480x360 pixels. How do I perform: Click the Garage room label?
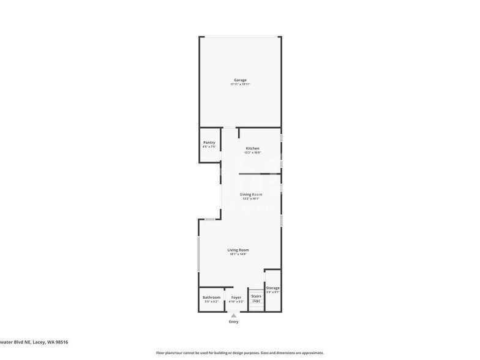tap(240, 80)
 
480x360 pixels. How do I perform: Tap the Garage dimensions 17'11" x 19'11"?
tap(240, 84)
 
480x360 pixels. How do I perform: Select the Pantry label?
tap(209, 143)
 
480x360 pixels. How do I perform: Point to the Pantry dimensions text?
tap(209, 147)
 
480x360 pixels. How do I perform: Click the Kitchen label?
tap(252, 149)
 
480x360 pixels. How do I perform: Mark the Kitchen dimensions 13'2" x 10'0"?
tap(252, 152)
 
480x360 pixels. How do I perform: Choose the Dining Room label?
tap(251, 195)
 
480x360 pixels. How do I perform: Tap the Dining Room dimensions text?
tap(251, 198)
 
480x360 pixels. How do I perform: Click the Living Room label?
tap(238, 250)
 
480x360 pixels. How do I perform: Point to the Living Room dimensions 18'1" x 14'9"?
tap(238, 254)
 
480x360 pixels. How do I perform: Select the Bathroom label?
tap(211, 298)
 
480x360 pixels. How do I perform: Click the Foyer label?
tap(236, 298)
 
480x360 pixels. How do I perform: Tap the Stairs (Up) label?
tap(256, 298)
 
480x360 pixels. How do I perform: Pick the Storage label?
tap(273, 288)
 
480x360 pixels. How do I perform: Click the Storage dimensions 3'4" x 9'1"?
tap(273, 292)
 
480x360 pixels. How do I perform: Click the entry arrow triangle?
tap(233, 315)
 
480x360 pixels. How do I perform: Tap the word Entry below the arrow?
tap(233, 321)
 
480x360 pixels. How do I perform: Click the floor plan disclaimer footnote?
tap(240, 353)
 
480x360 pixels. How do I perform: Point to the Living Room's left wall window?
tap(198, 253)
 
